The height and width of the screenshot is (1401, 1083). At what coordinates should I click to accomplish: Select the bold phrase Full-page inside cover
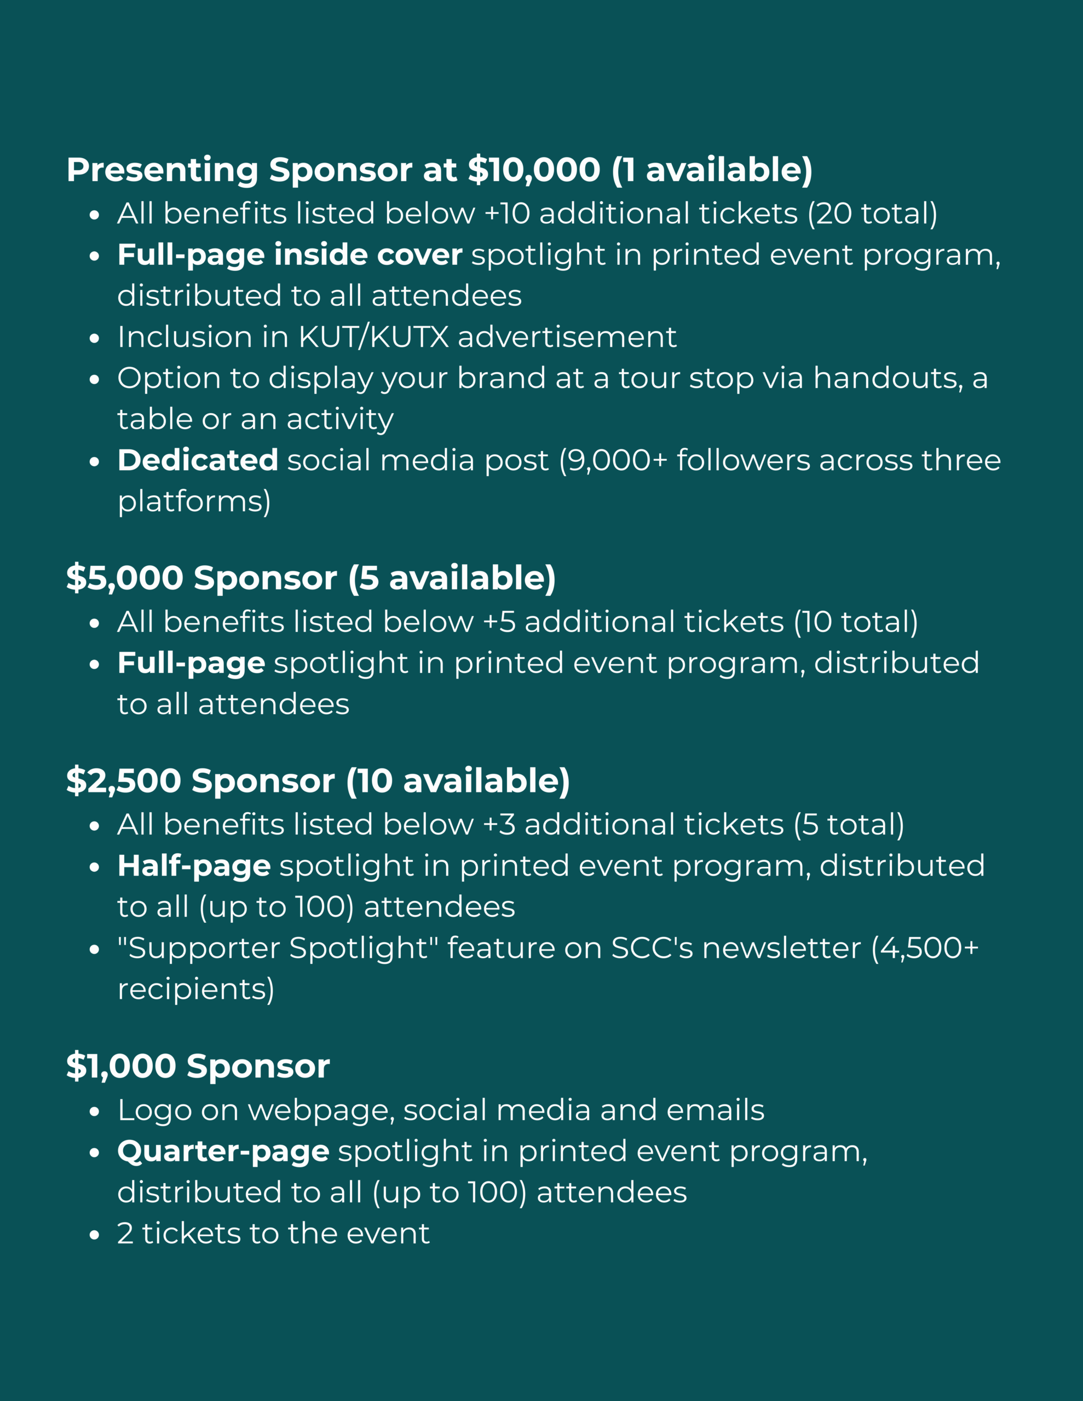point(290,254)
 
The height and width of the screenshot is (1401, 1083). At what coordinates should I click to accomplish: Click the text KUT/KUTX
point(373,337)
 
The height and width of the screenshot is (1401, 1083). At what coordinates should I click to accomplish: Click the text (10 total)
point(856,622)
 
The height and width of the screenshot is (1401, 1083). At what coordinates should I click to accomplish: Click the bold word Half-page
point(194,865)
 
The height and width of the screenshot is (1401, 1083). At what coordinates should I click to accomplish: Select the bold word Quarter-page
point(223,1151)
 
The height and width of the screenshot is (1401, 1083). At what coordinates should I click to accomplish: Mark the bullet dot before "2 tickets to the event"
point(94,1234)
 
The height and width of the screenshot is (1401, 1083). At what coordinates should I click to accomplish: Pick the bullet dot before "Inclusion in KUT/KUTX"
point(94,338)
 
